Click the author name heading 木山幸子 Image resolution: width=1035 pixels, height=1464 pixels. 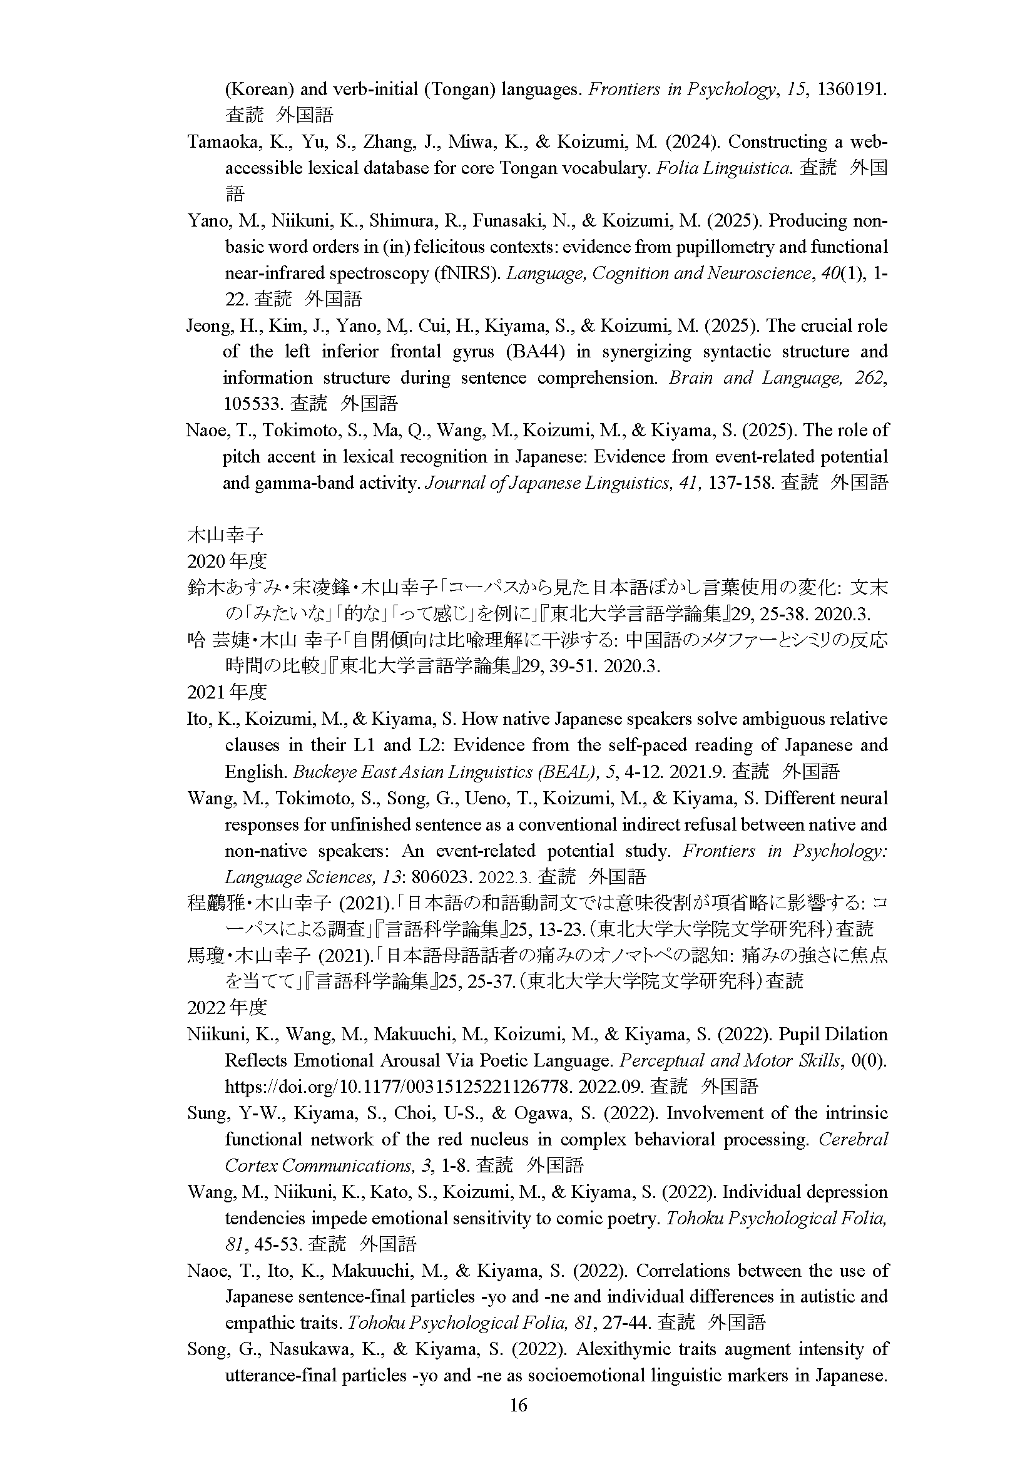[x=225, y=535]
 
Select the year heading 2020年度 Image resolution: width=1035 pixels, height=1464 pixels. [x=227, y=561]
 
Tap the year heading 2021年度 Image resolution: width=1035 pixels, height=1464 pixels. [x=227, y=692]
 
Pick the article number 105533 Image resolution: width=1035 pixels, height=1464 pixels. [x=252, y=404]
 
